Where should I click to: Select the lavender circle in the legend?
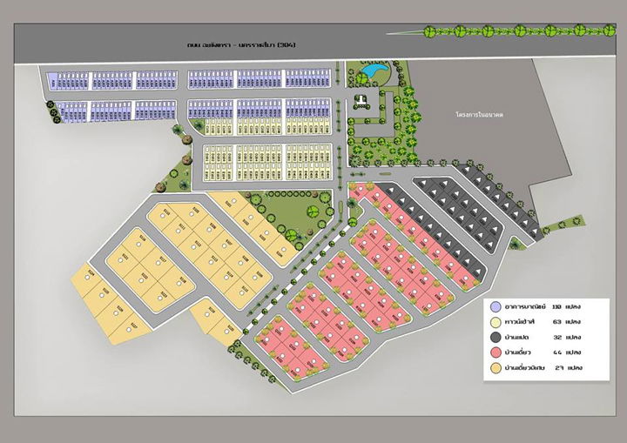tap(496, 306)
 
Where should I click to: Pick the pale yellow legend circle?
tap(496, 321)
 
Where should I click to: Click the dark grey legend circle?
tap(496, 337)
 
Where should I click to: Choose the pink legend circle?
tap(496, 352)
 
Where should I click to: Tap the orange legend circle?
tap(496, 368)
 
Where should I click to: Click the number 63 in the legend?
tap(556, 321)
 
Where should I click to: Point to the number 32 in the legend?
tap(556, 337)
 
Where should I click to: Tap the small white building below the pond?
tap(361, 101)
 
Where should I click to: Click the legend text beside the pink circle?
tap(520, 352)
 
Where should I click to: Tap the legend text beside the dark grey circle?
tap(520, 337)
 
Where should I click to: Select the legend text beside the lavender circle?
tap(524, 306)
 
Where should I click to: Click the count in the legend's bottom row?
tap(556, 368)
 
